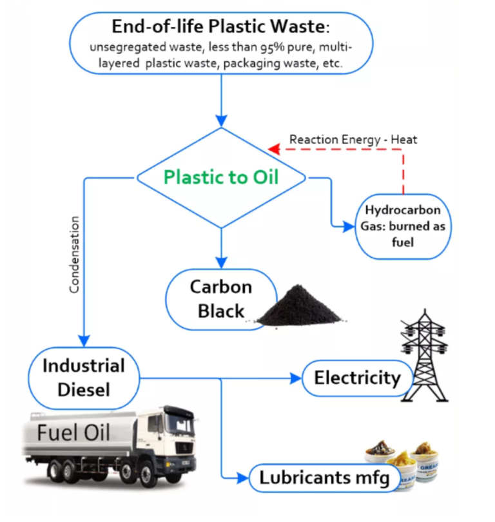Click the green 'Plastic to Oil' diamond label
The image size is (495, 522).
point(220,177)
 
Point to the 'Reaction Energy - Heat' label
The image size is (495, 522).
point(353,139)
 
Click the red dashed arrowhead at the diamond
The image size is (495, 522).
point(273,150)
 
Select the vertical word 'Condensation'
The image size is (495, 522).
point(74,255)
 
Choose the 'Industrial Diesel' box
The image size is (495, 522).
point(84,378)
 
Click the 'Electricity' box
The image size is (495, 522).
point(356,377)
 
